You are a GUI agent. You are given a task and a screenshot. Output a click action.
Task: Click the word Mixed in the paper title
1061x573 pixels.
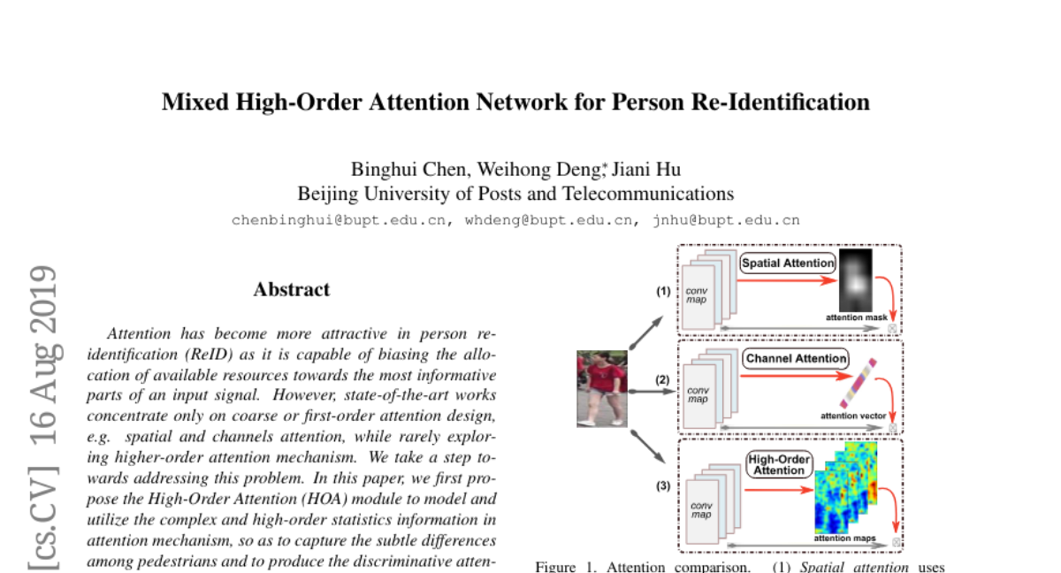tap(195, 103)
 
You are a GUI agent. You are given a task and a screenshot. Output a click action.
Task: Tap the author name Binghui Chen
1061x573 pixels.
tap(410, 170)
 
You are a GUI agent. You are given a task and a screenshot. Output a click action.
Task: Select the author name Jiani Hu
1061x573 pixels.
tap(646, 170)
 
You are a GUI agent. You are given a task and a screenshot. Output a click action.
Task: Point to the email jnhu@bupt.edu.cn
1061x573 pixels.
tap(726, 221)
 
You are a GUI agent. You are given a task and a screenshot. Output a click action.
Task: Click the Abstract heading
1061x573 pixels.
tap(292, 289)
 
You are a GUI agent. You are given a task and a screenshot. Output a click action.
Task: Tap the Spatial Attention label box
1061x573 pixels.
tap(788, 264)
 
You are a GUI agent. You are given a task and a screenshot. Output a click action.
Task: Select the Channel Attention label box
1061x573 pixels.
tap(796, 358)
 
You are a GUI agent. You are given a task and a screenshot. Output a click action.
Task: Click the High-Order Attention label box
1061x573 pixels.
tap(779, 464)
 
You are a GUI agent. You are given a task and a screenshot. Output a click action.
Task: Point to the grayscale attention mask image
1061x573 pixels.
tap(856, 280)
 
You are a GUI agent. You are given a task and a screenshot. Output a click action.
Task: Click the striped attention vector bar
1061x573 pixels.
tap(859, 383)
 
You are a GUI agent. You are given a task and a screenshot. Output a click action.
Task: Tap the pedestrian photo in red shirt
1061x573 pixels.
tap(602, 389)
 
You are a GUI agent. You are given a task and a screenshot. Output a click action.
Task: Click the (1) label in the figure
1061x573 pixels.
tap(663, 291)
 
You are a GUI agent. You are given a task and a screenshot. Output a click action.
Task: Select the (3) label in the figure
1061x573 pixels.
tap(663, 485)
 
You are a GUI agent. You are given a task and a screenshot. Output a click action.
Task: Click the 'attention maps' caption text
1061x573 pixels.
tap(844, 539)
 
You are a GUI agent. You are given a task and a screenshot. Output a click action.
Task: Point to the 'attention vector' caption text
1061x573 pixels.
tap(853, 416)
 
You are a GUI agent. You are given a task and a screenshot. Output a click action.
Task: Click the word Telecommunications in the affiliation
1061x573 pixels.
tap(648, 194)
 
